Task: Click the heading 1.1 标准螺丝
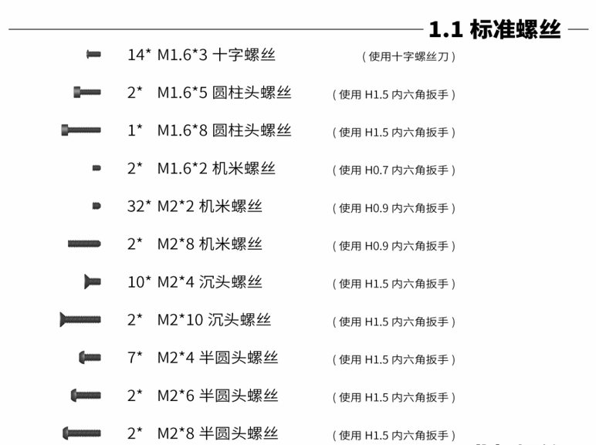click(494, 30)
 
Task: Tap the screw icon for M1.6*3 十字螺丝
click(93, 54)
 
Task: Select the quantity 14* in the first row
click(139, 55)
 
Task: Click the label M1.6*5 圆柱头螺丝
click(224, 93)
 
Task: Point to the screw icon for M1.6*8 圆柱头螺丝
click(80, 130)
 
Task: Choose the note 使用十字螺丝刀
click(409, 56)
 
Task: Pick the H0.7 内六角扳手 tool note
click(394, 170)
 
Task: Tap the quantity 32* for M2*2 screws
click(139, 206)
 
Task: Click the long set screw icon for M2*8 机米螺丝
click(84, 244)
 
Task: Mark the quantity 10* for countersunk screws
click(139, 281)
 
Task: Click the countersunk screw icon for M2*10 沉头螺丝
click(80, 319)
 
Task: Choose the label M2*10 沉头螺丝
click(214, 319)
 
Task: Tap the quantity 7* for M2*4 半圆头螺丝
click(135, 357)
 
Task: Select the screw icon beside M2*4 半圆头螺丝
click(90, 357)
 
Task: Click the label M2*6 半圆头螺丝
click(218, 395)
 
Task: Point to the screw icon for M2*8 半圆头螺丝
click(81, 433)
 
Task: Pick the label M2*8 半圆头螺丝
click(218, 433)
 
